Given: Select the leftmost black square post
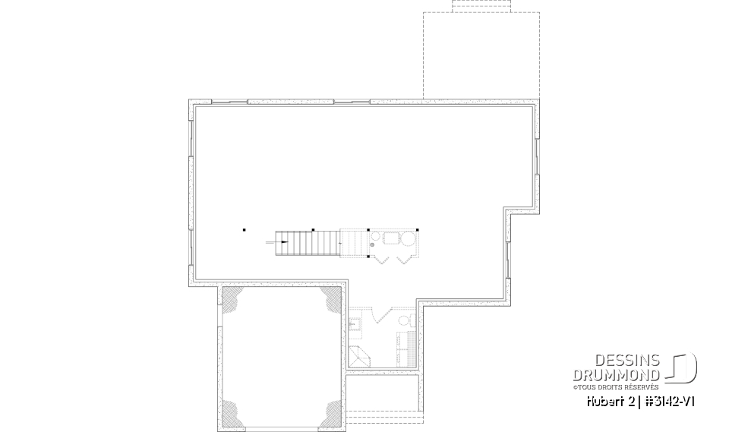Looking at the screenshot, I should click(245, 229).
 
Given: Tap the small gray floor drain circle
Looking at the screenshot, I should click(372, 244).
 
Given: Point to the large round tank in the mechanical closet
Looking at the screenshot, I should click(408, 241).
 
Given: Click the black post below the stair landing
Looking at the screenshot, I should click(368, 257).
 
